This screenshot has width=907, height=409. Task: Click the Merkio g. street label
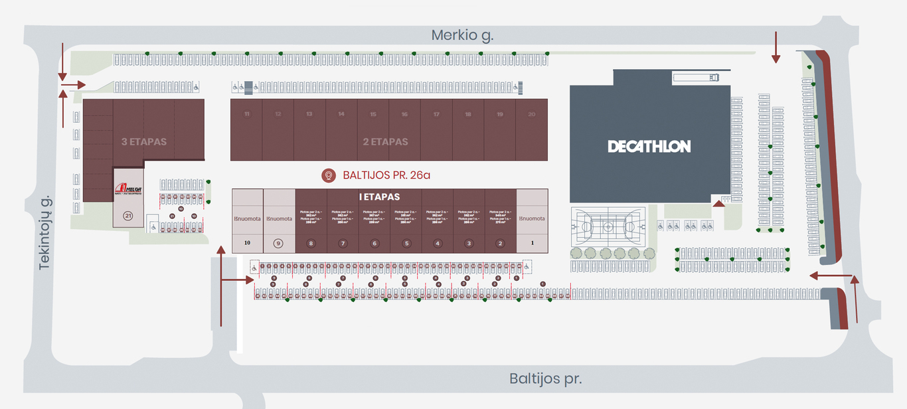point(462,35)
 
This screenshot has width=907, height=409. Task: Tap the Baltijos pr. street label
point(545,378)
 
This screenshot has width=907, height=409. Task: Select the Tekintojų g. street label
point(45,232)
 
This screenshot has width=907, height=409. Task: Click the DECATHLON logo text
point(649,146)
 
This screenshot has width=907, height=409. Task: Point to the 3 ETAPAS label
point(144,141)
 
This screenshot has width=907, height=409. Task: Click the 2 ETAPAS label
point(385,141)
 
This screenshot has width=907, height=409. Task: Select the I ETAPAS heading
point(379,197)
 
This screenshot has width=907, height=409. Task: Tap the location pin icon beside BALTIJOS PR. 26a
point(328,175)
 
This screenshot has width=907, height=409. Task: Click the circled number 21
point(128,215)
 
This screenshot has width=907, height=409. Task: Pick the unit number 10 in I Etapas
point(247,243)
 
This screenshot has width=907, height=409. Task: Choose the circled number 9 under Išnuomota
point(278,243)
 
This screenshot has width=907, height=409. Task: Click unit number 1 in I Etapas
point(533,243)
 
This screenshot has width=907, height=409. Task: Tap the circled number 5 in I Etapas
point(406,243)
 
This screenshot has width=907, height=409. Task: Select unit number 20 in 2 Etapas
point(531,114)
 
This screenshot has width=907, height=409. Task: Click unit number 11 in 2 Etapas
point(246,114)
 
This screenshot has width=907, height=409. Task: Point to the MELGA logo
point(127,189)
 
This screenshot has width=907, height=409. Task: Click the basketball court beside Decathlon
point(608,226)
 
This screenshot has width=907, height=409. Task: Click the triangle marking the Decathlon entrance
point(718,203)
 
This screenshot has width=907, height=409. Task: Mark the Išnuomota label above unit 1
point(533,218)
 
